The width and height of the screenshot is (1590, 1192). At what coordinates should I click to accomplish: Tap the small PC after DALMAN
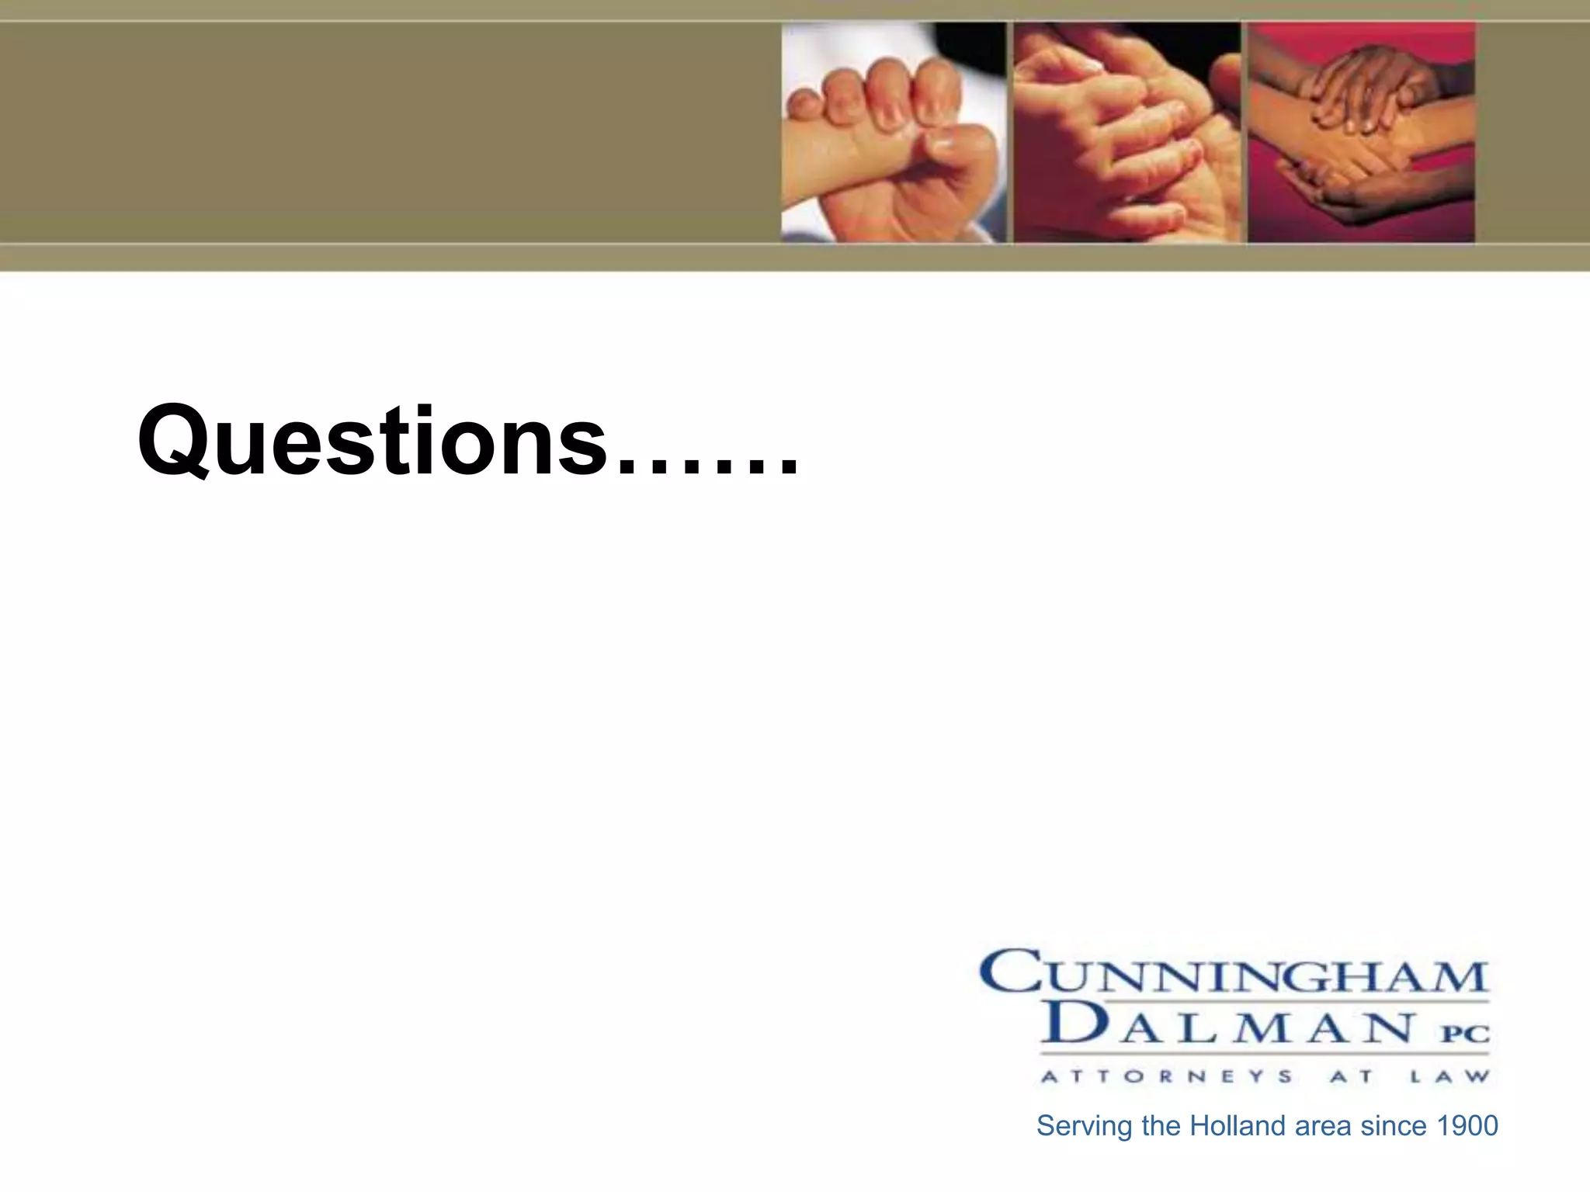click(1466, 1034)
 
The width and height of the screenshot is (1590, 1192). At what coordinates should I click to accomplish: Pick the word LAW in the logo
click(1449, 1077)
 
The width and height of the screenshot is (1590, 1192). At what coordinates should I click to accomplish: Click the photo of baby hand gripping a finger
click(894, 133)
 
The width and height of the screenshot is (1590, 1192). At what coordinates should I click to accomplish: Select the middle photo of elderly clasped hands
click(1127, 133)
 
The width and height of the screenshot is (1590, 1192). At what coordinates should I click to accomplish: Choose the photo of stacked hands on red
click(1361, 133)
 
